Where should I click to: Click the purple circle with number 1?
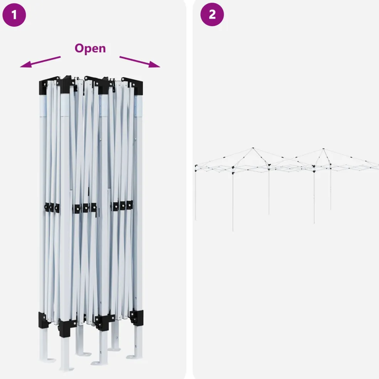click(14, 15)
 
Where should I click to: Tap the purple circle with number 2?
click(212, 15)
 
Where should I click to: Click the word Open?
click(90, 49)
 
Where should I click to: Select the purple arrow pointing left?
click(40, 62)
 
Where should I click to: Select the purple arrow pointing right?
click(140, 62)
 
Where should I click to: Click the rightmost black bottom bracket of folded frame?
click(137, 317)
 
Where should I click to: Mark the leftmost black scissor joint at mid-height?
click(46, 207)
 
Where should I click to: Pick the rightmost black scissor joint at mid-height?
click(130, 205)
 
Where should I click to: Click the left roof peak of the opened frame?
click(253, 148)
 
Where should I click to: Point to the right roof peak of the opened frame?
click(324, 149)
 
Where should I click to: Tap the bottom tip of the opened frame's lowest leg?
click(233, 231)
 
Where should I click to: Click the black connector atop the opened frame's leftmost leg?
click(196, 166)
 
